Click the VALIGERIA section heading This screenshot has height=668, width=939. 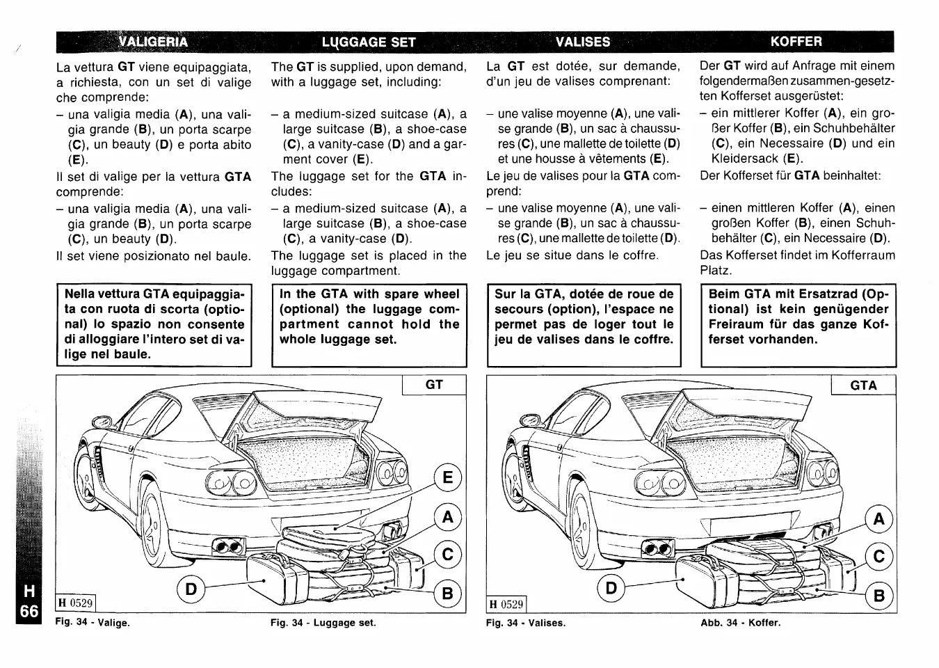click(153, 41)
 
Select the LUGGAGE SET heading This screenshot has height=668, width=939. click(369, 42)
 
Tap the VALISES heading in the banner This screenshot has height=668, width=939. click(583, 42)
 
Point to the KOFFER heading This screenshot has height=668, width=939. click(796, 41)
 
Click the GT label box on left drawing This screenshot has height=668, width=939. click(434, 385)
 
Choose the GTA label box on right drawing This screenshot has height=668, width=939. click(863, 385)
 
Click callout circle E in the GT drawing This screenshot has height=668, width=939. click(447, 477)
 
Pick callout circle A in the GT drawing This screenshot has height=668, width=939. click(447, 517)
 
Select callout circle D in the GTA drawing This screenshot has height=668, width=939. click(611, 588)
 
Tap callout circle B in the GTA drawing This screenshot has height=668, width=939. click(879, 596)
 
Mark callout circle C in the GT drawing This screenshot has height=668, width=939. click(447, 555)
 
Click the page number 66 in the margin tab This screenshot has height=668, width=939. click(29, 612)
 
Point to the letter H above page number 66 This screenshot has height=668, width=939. click(29, 591)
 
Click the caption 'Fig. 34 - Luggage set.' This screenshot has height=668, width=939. click(323, 623)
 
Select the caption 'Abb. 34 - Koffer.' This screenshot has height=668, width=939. click(741, 623)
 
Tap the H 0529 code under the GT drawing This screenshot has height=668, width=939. click(75, 603)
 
